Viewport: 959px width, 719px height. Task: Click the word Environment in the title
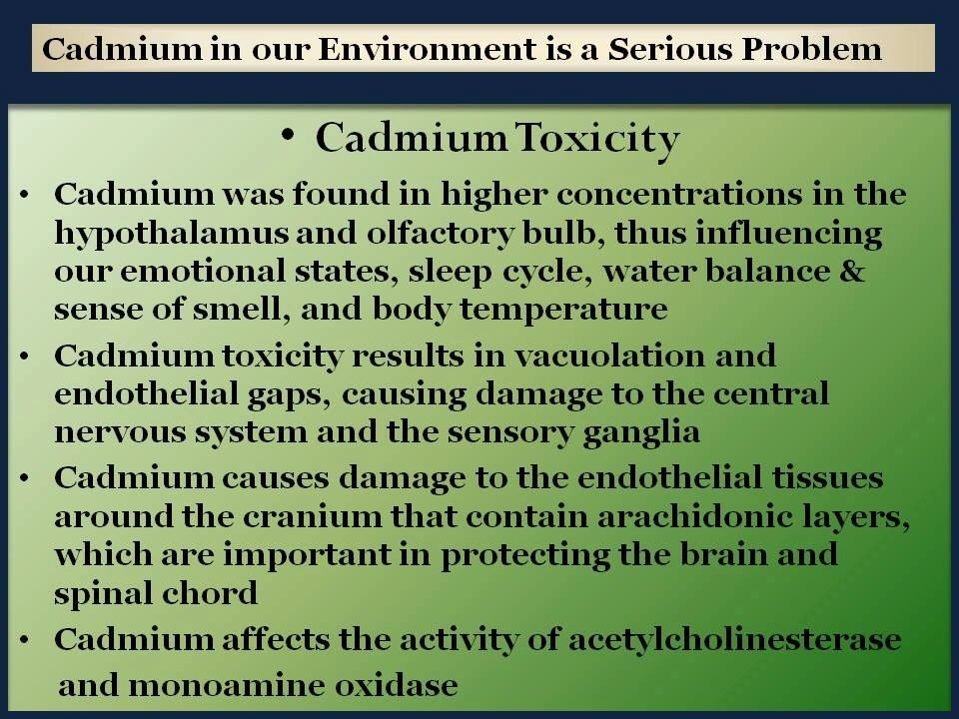pos(427,49)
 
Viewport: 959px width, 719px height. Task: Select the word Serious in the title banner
pos(669,49)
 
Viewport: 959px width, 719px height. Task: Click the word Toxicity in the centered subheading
pos(597,140)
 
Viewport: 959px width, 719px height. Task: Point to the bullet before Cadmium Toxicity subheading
pos(289,137)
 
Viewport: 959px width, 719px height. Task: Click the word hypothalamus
pos(171,234)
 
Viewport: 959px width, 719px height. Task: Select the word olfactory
pos(440,234)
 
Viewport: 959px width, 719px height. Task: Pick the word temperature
pos(563,310)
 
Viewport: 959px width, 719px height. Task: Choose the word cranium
pos(313,517)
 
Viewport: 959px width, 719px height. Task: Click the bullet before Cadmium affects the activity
pos(24,640)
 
